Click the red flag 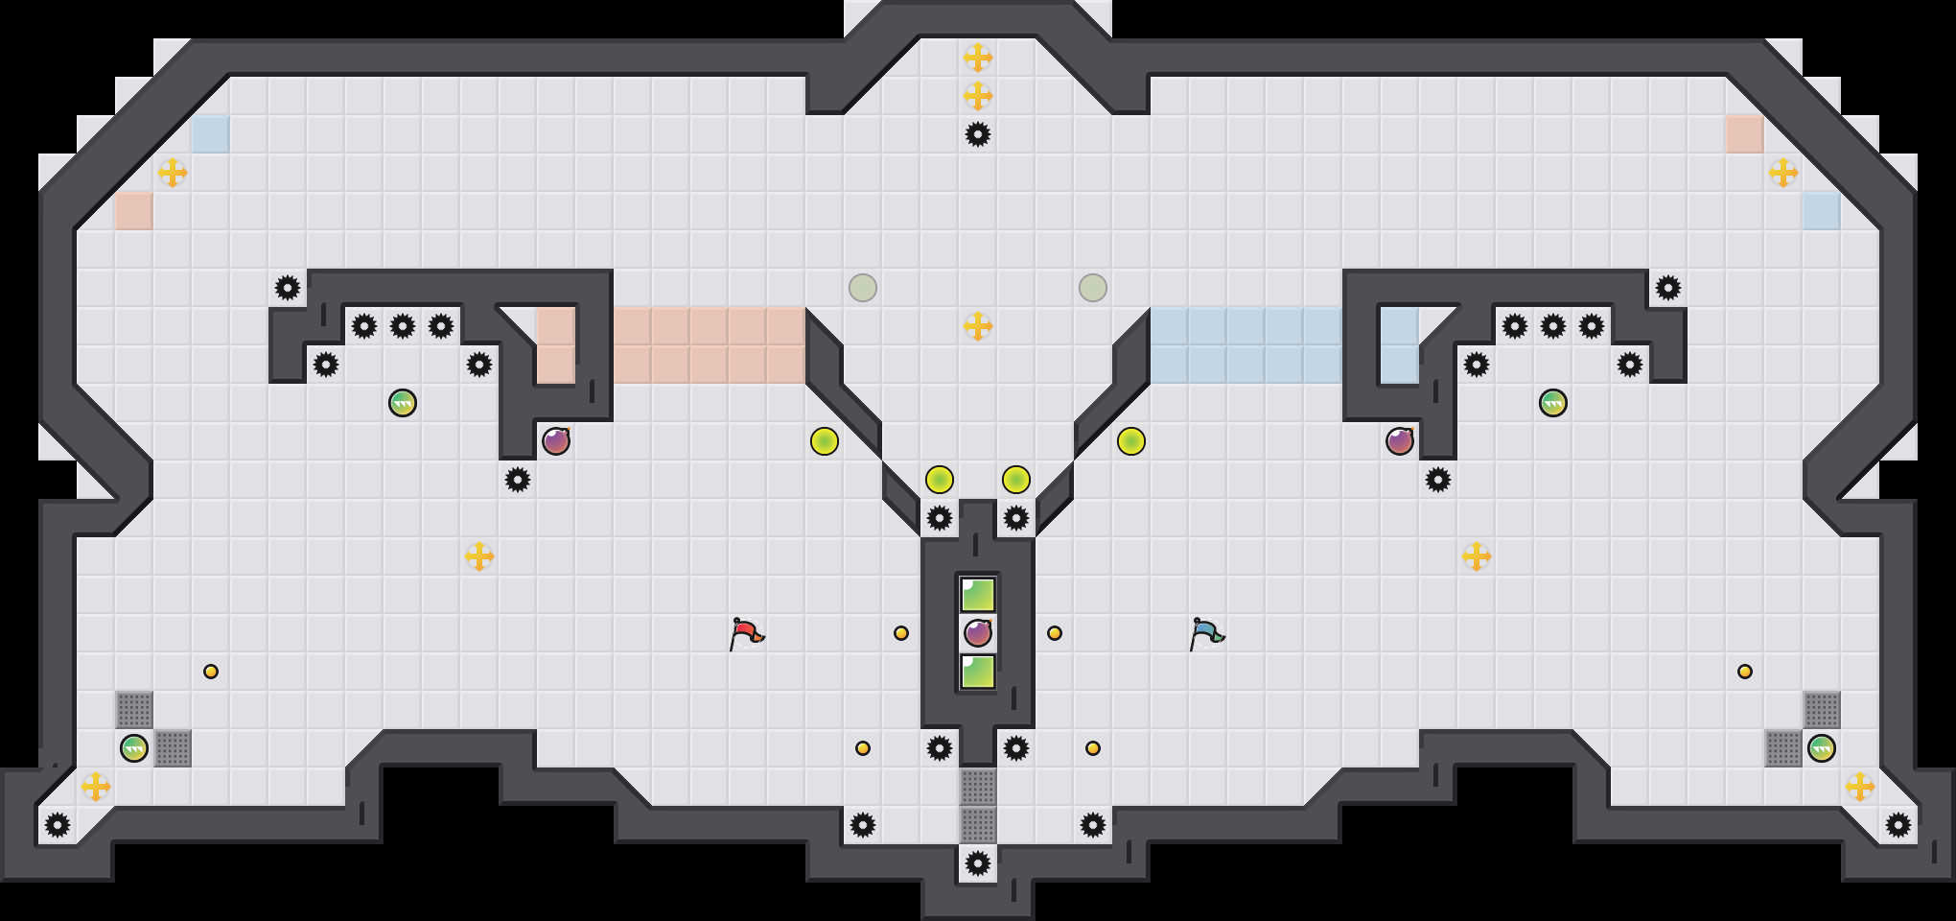point(746,633)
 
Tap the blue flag point(1206,633)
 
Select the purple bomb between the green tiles point(978,633)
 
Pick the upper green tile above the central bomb point(978,595)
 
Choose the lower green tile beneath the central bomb point(978,672)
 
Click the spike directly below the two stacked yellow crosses point(978,134)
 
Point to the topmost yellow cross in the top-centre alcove point(978,58)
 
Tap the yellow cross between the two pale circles point(978,326)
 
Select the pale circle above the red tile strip point(863,288)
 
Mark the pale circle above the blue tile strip point(1093,288)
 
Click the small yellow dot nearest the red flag point(901,633)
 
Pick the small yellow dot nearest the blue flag point(1055,633)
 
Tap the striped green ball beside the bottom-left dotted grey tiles point(134,748)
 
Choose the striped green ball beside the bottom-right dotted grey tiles point(1822,748)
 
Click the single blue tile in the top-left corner point(211,134)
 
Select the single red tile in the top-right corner point(1745,134)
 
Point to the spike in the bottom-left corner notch point(58,825)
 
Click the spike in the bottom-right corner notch point(1898,825)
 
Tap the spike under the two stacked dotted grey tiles point(978,863)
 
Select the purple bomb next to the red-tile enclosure point(556,441)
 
